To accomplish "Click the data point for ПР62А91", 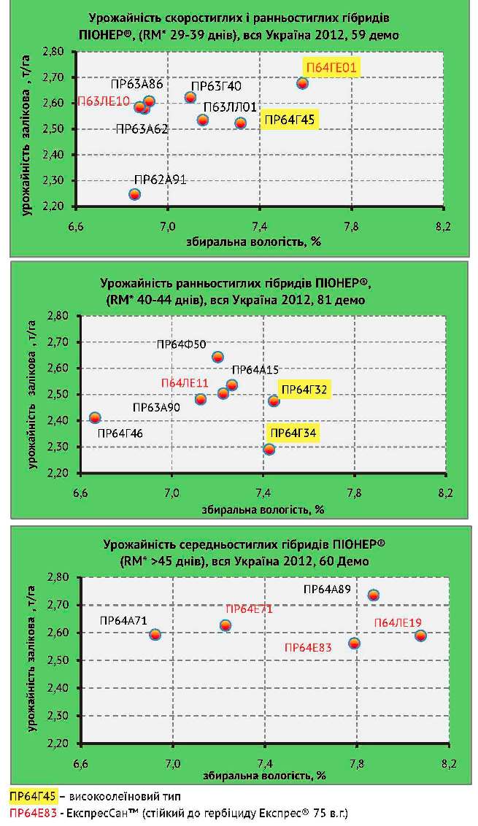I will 134,194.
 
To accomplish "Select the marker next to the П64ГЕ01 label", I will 302,83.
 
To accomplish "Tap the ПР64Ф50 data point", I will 217,357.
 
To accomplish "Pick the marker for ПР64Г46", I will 95,417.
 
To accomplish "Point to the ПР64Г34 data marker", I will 269,449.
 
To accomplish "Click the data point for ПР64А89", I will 373,595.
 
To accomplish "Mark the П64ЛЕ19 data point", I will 420,636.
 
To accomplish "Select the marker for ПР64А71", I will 155,634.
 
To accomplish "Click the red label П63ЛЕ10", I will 103,101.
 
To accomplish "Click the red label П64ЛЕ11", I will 185,383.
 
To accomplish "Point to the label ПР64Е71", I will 249,609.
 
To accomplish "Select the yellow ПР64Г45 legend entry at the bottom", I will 26,796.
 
